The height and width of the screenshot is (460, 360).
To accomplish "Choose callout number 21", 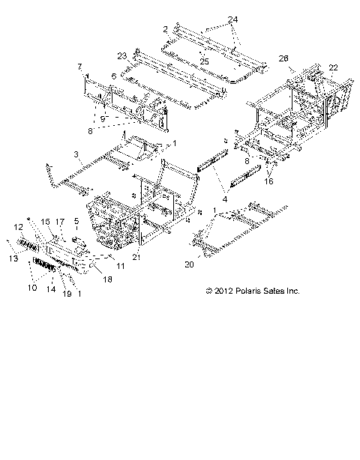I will (x=136, y=257).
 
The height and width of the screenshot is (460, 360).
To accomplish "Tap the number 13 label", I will (x=11, y=258).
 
